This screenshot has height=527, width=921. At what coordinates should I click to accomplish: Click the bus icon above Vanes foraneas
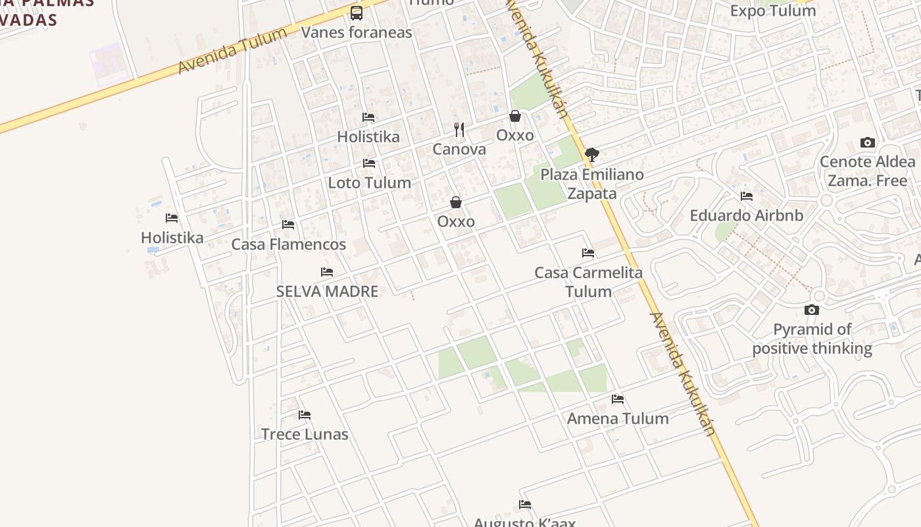tap(357, 13)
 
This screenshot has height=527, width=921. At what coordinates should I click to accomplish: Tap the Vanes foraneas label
tap(357, 32)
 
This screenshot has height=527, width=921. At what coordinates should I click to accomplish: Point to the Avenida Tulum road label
tap(233, 51)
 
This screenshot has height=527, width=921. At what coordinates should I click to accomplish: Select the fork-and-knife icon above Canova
tap(459, 130)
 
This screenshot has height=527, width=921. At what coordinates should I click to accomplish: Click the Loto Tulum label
tap(369, 182)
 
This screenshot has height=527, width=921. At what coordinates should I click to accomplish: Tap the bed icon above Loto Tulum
tap(369, 163)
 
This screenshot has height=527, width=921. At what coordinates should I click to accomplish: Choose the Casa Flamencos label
tap(288, 244)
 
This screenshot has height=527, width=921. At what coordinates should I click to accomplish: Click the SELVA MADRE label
tap(327, 291)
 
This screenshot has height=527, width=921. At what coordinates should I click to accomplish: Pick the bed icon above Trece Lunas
tap(305, 415)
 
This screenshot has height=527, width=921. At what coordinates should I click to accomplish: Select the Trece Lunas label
tap(305, 434)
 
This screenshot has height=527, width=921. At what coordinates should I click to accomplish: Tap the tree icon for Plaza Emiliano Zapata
tap(591, 155)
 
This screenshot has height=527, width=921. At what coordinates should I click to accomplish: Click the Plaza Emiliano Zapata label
tap(591, 184)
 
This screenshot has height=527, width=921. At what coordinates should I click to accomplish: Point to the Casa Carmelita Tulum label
tap(588, 282)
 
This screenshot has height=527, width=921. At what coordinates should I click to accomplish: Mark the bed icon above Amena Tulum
tap(618, 399)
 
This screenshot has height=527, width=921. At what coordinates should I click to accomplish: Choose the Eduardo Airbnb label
tap(746, 215)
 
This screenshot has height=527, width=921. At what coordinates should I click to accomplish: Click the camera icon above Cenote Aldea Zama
tap(868, 143)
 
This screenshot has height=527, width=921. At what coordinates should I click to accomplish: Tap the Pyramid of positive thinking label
tap(812, 339)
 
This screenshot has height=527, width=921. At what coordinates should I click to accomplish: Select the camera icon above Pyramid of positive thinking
tap(812, 310)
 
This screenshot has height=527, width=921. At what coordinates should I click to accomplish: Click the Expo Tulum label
tap(772, 11)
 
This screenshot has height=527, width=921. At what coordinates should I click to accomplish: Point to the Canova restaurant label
tap(459, 149)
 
